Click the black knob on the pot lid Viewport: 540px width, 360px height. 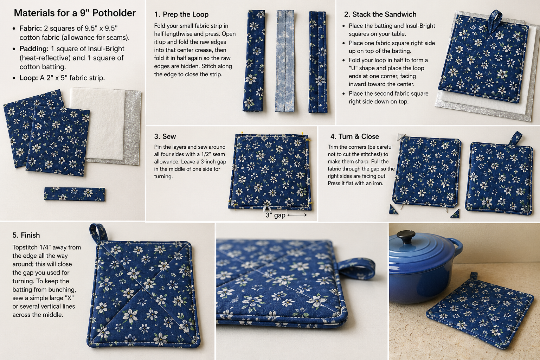tap(406, 236)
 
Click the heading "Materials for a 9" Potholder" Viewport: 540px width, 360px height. tap(75, 13)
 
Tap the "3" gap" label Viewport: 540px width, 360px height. tap(275, 215)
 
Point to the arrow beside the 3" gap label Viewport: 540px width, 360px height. tap(297, 215)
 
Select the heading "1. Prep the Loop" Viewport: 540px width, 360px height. tap(181, 14)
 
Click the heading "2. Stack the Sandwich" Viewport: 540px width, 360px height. tap(380, 14)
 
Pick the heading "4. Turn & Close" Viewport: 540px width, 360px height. tap(355, 136)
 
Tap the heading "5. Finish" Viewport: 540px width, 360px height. tap(26, 235)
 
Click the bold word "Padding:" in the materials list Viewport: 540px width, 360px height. tap(34, 49)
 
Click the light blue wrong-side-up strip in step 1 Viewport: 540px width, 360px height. tap(285, 61)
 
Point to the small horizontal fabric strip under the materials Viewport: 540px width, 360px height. tap(74, 194)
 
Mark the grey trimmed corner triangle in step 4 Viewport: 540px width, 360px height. tap(401, 136)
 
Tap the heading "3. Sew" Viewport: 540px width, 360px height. tap(165, 136)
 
